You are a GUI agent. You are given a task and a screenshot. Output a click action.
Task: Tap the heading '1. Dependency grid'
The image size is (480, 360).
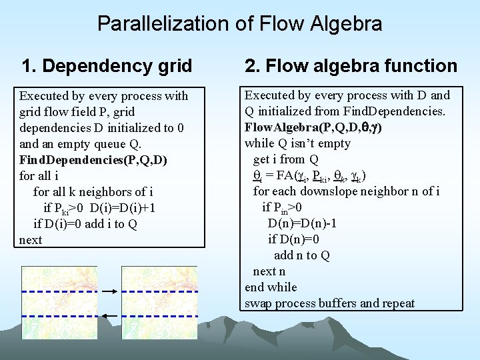[x=107, y=66]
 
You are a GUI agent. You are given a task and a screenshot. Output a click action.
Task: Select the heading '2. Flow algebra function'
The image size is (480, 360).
[x=351, y=66]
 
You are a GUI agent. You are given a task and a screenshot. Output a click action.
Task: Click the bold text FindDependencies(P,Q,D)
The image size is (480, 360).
[x=93, y=160]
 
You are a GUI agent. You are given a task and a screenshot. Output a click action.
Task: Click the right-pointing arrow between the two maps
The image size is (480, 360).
[x=111, y=291]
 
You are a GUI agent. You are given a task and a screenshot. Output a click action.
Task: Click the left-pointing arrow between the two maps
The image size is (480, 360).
[x=111, y=315]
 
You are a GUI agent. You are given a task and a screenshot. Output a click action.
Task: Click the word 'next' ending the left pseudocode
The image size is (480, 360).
[x=31, y=240]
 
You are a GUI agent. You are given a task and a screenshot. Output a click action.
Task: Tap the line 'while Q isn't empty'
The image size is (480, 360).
[x=297, y=143]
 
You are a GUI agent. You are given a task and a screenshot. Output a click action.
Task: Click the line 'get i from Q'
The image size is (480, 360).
[x=285, y=159]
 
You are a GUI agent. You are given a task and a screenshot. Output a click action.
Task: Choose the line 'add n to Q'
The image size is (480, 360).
[x=302, y=255]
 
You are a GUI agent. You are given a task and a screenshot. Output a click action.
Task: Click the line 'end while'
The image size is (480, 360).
[x=271, y=287]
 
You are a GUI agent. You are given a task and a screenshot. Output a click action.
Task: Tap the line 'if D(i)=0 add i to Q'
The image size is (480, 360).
[x=85, y=224]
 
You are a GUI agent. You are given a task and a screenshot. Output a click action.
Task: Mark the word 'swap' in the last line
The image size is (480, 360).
[x=259, y=304]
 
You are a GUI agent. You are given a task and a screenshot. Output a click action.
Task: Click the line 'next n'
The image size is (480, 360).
[x=269, y=271]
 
